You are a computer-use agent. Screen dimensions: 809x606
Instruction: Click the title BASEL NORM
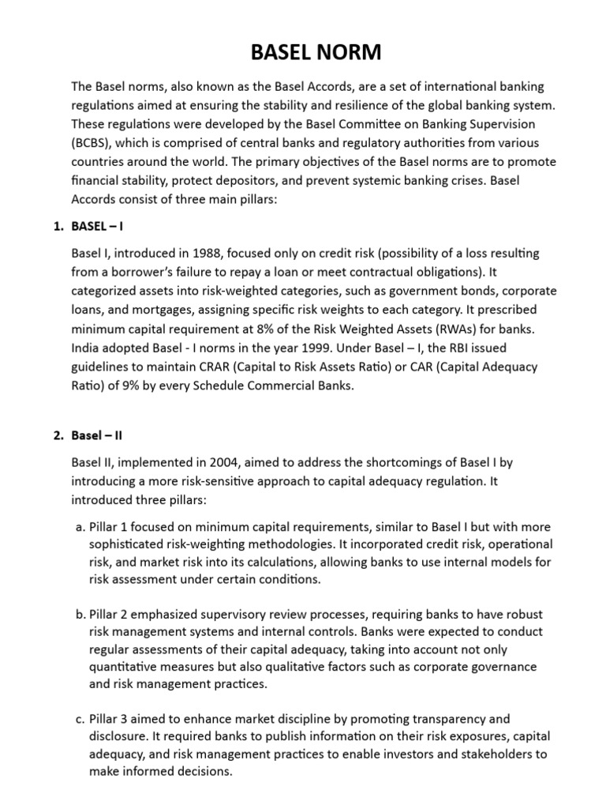pyautogui.click(x=303, y=53)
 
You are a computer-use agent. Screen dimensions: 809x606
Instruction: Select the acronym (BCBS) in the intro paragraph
pyautogui.click(x=93, y=142)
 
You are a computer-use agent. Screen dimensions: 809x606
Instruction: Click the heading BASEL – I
pyautogui.click(x=98, y=226)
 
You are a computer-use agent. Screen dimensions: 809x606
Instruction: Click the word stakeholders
pyautogui.click(x=488, y=754)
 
